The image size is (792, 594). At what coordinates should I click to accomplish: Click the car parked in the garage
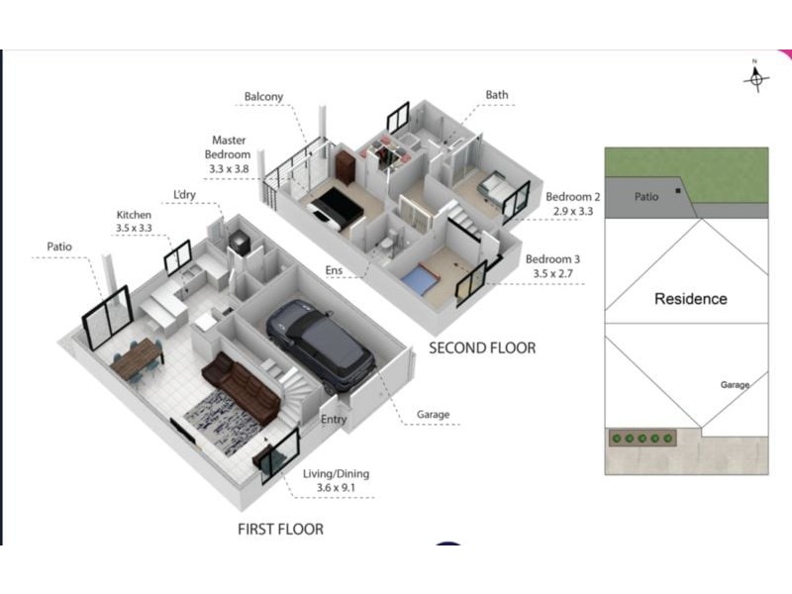[321, 345]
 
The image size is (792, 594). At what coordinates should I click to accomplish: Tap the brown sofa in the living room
[241, 386]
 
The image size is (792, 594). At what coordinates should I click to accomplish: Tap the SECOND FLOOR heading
[482, 348]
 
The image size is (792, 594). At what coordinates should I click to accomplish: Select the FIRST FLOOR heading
[281, 530]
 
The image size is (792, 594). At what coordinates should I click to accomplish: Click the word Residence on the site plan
[690, 299]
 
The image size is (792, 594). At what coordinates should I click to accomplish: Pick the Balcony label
[263, 96]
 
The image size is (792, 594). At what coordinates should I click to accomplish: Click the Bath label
[497, 95]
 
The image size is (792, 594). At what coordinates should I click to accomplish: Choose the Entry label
[334, 419]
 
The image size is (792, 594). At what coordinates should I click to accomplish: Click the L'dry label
[184, 194]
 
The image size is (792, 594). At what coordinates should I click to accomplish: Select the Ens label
[334, 270]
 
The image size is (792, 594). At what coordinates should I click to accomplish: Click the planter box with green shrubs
[643, 438]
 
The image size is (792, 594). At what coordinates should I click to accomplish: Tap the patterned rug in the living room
[222, 417]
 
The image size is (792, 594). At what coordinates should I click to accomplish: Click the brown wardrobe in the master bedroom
[346, 166]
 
